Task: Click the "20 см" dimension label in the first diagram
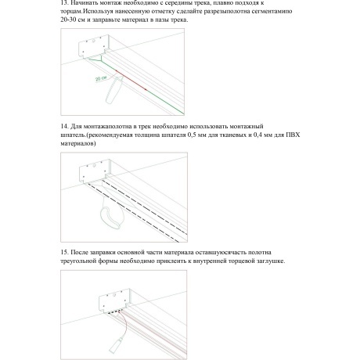click(x=100, y=79)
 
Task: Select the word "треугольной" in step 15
click(x=83, y=261)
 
